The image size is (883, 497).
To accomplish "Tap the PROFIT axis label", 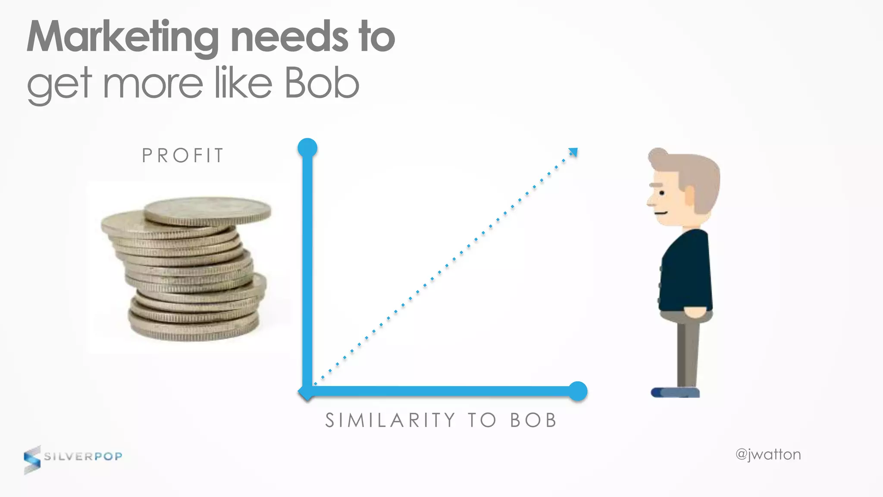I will click(183, 156).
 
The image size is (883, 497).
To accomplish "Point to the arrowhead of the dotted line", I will click(573, 152).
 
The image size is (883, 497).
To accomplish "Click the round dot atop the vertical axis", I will click(307, 148).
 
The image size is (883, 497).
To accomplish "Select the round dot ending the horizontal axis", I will click(578, 391).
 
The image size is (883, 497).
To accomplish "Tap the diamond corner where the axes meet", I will click(307, 392).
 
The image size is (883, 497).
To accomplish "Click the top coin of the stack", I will click(208, 211).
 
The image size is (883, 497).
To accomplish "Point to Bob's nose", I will click(650, 201).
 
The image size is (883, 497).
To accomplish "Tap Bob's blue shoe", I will click(675, 392).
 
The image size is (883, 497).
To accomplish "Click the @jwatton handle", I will click(768, 455).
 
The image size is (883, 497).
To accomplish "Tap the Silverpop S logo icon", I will click(32, 460).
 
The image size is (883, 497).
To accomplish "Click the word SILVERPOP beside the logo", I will click(83, 456).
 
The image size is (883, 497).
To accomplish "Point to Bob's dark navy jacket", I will click(686, 272).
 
